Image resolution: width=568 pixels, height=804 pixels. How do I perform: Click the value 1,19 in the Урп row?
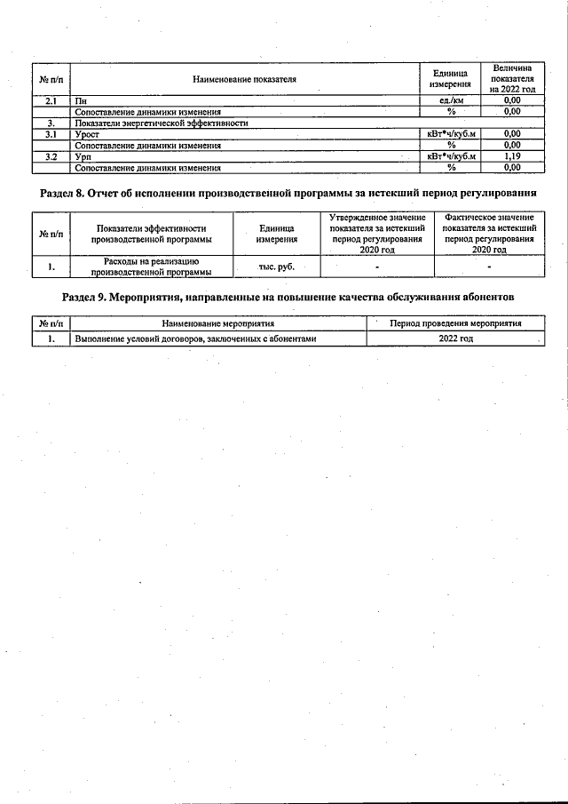511,156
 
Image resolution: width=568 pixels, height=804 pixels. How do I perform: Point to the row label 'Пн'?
82,101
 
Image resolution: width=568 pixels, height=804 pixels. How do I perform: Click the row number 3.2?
51,156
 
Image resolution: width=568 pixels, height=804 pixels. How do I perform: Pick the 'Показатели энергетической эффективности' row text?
161,123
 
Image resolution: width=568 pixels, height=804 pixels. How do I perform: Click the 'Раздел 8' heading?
288,193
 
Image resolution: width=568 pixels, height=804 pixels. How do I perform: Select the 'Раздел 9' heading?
288,296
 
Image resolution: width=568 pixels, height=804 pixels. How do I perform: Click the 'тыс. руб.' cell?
276,267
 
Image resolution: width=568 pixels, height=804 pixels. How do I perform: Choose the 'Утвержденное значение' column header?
377,234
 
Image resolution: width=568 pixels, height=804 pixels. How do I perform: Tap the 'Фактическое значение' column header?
490,234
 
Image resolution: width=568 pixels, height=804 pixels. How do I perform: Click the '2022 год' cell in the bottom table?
456,338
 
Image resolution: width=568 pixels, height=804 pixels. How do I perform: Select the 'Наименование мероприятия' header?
218,323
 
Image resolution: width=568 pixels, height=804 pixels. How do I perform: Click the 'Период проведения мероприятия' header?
456,323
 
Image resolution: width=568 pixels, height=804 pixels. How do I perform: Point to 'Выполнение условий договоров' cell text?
195,338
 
